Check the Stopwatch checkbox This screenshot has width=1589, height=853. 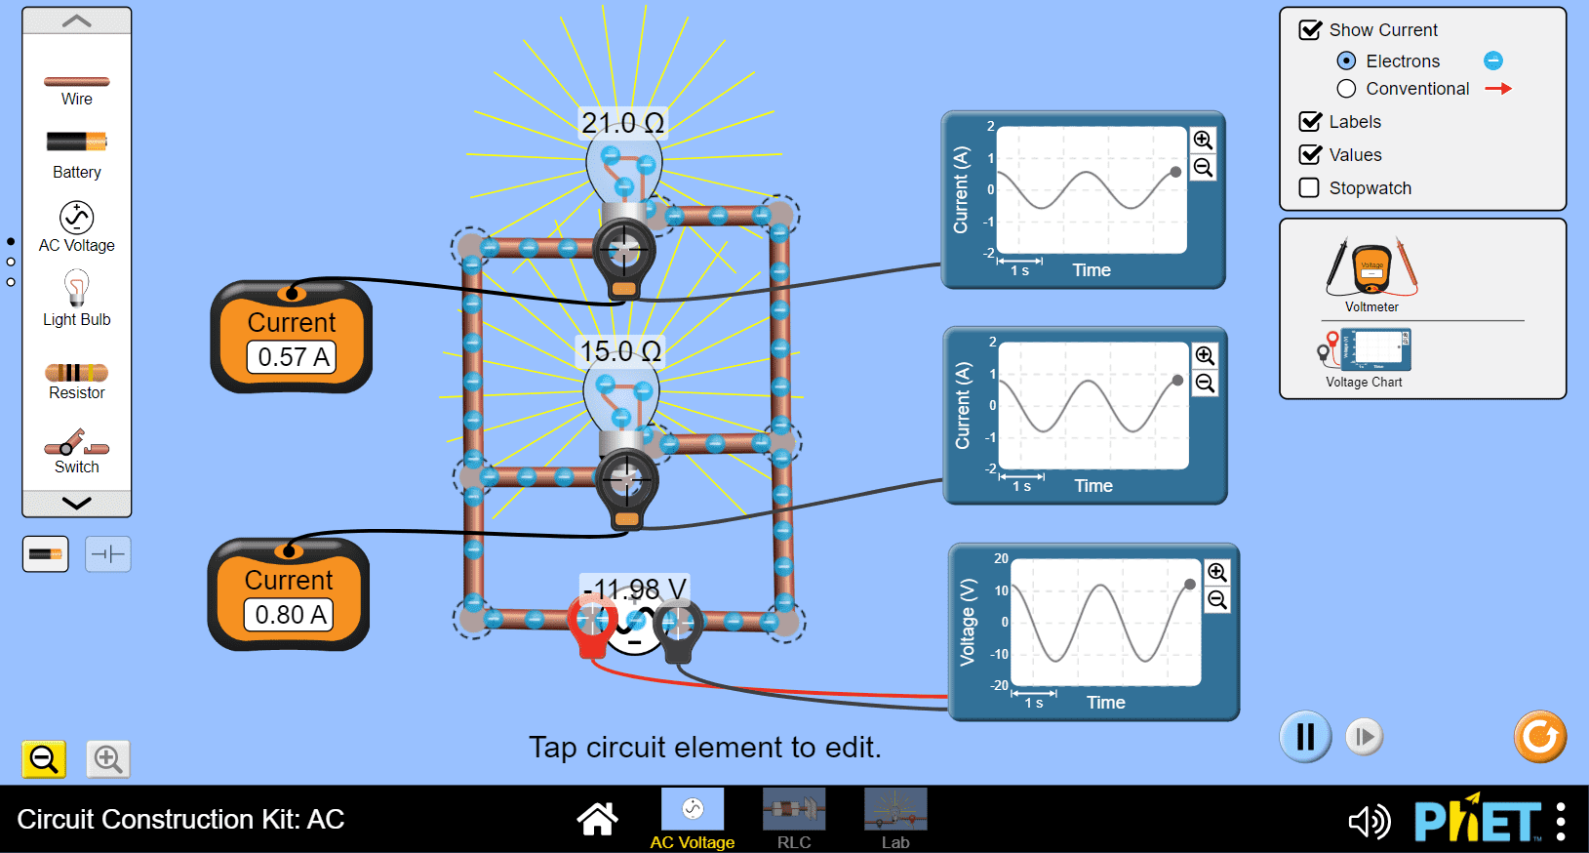click(1309, 188)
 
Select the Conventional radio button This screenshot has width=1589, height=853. click(1346, 89)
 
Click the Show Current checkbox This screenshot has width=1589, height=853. click(1309, 30)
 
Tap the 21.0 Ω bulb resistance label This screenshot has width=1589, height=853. click(623, 123)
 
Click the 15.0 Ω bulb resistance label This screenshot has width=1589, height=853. click(621, 350)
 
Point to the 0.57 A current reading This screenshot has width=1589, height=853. click(293, 357)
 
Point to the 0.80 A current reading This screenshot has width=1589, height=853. click(290, 615)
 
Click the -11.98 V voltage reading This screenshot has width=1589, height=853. click(634, 589)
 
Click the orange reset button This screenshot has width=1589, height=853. click(1540, 737)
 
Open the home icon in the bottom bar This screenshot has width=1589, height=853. click(597, 819)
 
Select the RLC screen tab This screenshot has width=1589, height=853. click(794, 819)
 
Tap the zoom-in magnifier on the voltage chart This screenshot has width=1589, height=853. click(1217, 572)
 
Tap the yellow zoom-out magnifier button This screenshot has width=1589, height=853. click(44, 759)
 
